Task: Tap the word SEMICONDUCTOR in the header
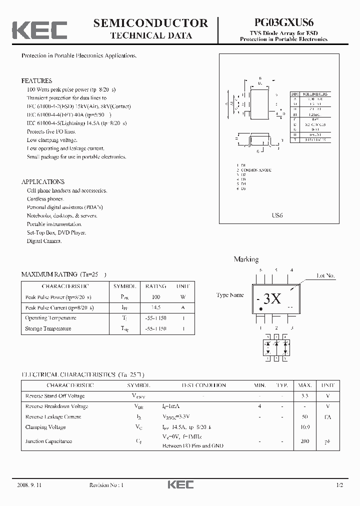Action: pos(150,23)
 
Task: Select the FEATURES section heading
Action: pos(36,80)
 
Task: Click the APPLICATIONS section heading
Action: pos(43,182)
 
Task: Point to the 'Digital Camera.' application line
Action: pos(44,241)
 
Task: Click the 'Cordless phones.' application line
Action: pos(46,199)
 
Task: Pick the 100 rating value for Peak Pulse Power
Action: pos(155,297)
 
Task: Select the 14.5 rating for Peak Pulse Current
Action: pos(155,307)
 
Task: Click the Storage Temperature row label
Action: pos(48,328)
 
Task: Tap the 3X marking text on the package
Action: pos(272,299)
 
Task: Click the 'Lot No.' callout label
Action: pos(326,275)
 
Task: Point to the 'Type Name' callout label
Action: pos(230,295)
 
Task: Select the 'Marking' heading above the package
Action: pos(246,259)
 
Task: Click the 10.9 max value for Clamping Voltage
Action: pos(305,427)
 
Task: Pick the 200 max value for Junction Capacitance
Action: pos(305,441)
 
